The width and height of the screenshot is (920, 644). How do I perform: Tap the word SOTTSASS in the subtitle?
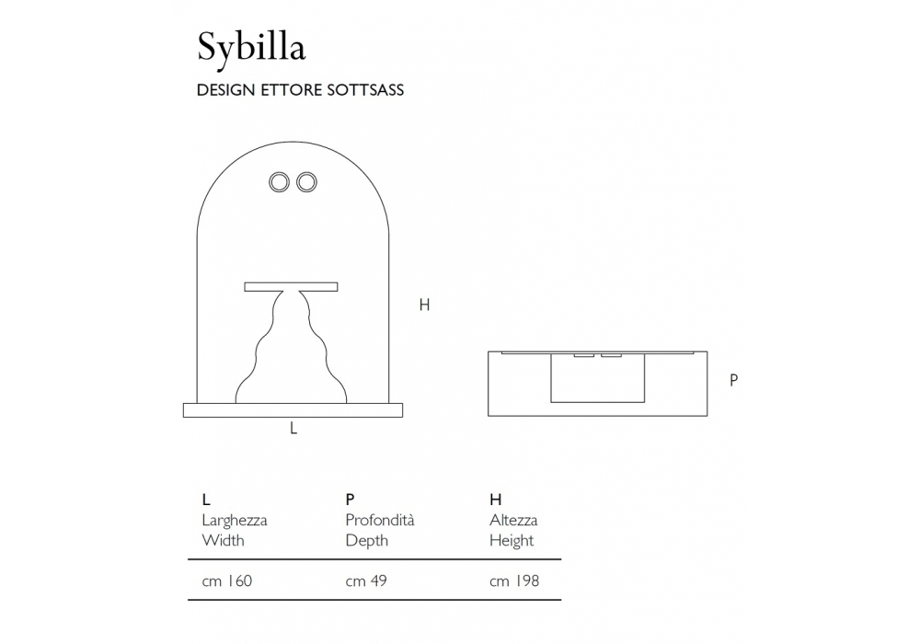pyautogui.click(x=365, y=90)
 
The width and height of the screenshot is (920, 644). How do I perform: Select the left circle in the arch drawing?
pyautogui.click(x=280, y=182)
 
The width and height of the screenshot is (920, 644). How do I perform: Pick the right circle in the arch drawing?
pyautogui.click(x=306, y=182)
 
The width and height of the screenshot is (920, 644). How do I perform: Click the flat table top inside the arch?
pyautogui.click(x=291, y=287)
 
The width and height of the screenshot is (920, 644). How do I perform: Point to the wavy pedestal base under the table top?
pyautogui.click(x=291, y=347)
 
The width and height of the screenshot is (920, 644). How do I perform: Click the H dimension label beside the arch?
pyautogui.click(x=424, y=305)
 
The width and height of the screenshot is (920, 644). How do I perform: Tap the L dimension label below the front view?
pyautogui.click(x=293, y=429)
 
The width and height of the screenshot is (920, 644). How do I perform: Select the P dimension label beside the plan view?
pyautogui.click(x=733, y=380)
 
